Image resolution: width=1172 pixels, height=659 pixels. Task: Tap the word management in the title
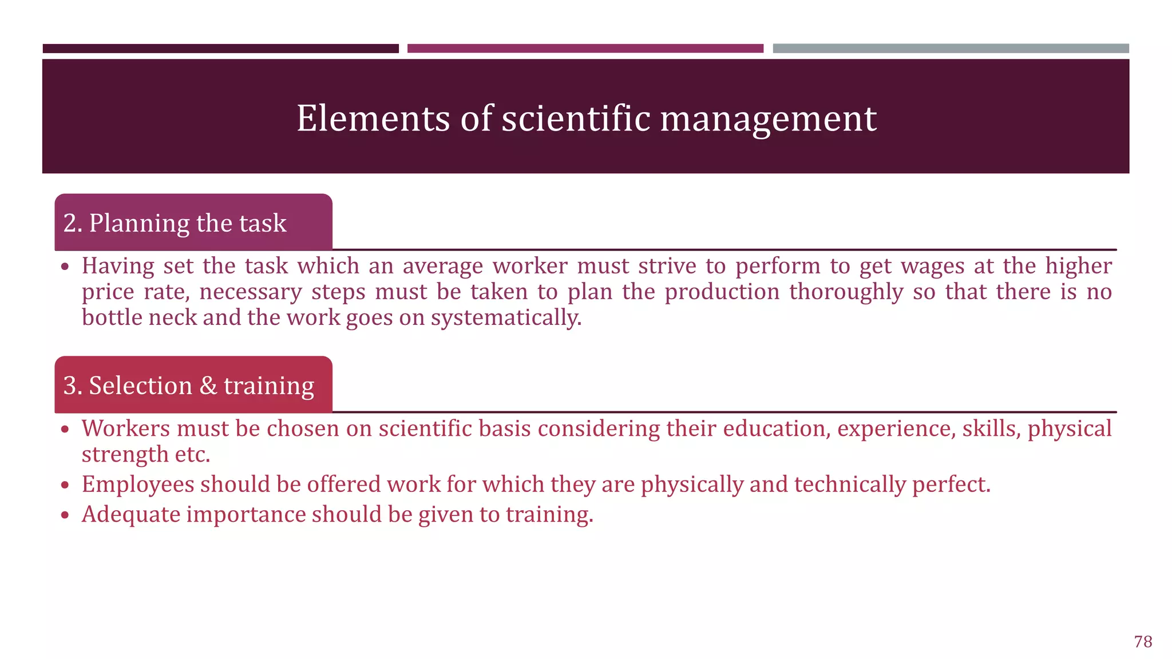768,118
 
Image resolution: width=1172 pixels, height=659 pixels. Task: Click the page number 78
1143,641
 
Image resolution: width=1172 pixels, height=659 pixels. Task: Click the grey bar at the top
951,49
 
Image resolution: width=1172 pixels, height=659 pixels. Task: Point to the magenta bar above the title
585,49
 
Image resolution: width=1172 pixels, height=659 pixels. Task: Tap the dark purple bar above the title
220,49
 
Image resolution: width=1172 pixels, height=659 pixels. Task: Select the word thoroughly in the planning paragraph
846,292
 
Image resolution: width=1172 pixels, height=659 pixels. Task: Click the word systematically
506,317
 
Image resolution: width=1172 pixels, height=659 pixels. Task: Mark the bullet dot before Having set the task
65,267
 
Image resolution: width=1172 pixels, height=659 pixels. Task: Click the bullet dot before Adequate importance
65,515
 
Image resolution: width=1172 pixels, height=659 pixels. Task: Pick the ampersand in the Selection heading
208,386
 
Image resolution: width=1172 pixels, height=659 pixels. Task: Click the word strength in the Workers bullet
125,454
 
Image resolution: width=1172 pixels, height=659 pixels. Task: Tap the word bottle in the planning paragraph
112,317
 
